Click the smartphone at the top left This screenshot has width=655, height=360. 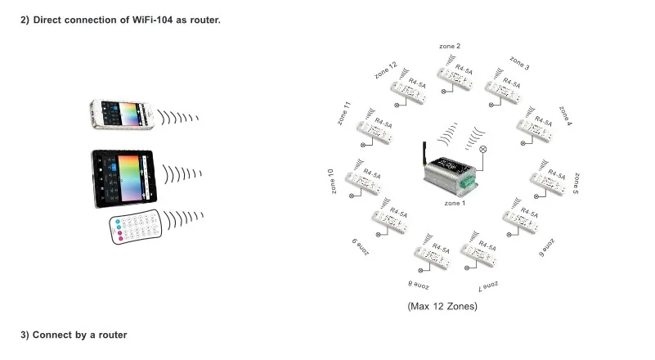pyautogui.click(x=122, y=115)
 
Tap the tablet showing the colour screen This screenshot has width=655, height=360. pyautogui.click(x=124, y=178)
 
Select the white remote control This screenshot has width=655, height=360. pyautogui.click(x=136, y=227)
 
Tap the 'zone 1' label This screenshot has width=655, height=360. pyautogui.click(x=455, y=203)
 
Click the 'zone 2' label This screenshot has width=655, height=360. pyautogui.click(x=450, y=46)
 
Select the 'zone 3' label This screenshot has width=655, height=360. pyautogui.click(x=519, y=63)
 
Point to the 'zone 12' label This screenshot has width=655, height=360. pyautogui.click(x=386, y=70)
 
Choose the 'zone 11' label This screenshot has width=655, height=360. pyautogui.click(x=343, y=113)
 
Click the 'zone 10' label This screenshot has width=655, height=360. pyautogui.click(x=331, y=181)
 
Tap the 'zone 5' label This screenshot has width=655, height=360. pyautogui.click(x=576, y=183)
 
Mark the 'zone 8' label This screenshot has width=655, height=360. pyautogui.click(x=419, y=286)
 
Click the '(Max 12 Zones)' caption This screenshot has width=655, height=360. pyautogui.click(x=442, y=307)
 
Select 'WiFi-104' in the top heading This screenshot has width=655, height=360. pyautogui.click(x=152, y=20)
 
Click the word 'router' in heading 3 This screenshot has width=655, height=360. pyautogui.click(x=113, y=335)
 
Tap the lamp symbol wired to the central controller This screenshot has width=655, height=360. pyautogui.click(x=483, y=149)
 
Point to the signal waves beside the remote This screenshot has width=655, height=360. pyautogui.click(x=183, y=219)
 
